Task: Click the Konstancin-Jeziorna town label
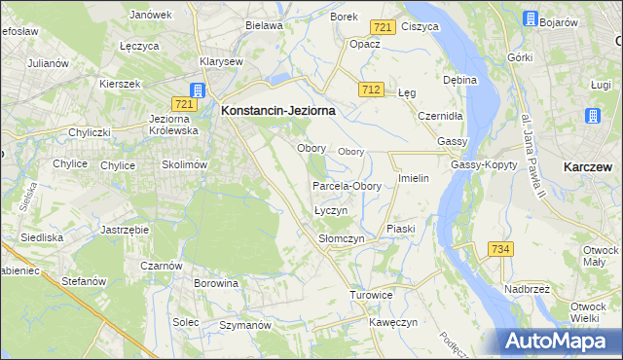[278, 111]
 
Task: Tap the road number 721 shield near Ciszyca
[383, 27]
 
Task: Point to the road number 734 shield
[500, 250]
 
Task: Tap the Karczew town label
[588, 167]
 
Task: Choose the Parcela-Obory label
[347, 186]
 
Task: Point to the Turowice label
[371, 294]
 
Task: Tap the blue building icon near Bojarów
[530, 18]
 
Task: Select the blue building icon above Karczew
[593, 116]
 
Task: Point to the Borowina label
[216, 284]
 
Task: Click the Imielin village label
[414, 181]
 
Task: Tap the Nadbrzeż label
[530, 289]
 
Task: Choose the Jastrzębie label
[124, 230]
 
